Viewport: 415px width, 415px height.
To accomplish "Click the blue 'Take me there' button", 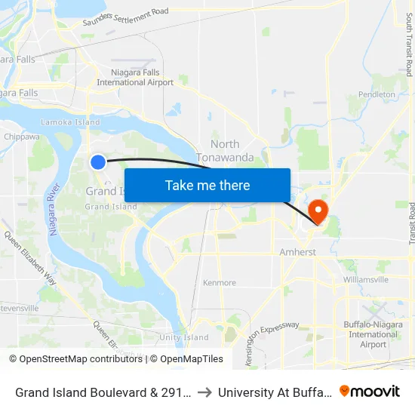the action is [x=207, y=185].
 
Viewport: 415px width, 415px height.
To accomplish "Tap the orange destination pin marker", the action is [x=318, y=210].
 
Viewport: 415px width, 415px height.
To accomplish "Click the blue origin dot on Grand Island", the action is [x=98, y=161].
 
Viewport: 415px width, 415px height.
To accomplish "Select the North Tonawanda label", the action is [x=225, y=150].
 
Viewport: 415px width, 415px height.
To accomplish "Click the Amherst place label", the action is [x=297, y=252].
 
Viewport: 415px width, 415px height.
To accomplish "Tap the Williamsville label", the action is [x=365, y=279].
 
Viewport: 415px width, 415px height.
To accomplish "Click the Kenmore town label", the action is [x=220, y=283].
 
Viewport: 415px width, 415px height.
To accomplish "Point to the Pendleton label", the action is [x=377, y=94].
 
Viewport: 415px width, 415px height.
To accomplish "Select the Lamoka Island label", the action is [x=70, y=122].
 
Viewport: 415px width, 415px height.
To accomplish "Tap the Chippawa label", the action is [x=22, y=137].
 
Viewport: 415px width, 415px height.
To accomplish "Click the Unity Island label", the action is [x=183, y=337].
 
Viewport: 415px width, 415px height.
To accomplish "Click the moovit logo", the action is [x=370, y=391].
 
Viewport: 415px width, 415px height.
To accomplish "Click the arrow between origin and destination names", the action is [x=204, y=392].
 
